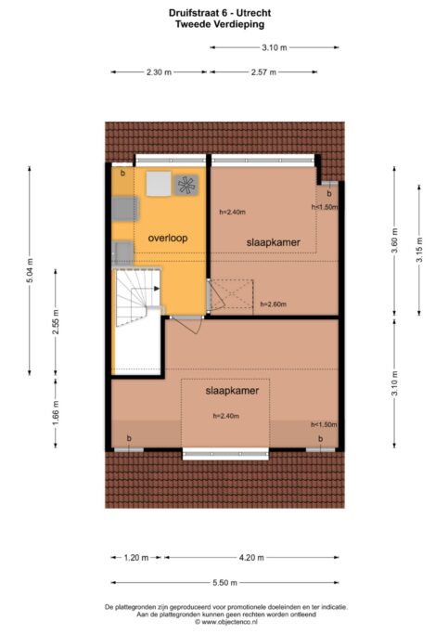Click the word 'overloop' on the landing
coord(167,239)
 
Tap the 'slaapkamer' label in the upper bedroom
coord(273,241)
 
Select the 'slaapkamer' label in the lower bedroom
coord(231,391)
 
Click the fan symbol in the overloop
coord(186,185)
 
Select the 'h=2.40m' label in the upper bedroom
coord(232,213)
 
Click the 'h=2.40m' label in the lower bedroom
coord(226,415)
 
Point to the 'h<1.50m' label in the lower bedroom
coord(324,424)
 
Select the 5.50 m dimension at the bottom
coord(224,583)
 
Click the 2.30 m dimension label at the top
coord(159,72)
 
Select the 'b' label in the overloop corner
coord(122,174)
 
